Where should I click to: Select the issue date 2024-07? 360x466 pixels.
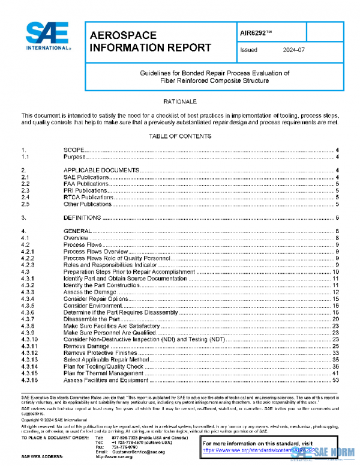pyautogui.click(x=292, y=50)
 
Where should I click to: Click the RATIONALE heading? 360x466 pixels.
pyautogui.click(x=179, y=102)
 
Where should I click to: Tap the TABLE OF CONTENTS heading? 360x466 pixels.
pyautogui.click(x=179, y=136)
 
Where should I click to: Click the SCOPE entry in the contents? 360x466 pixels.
pyautogui.click(x=74, y=150)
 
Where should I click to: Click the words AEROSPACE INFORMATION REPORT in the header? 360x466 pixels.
pyautogui.click(x=149, y=41)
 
